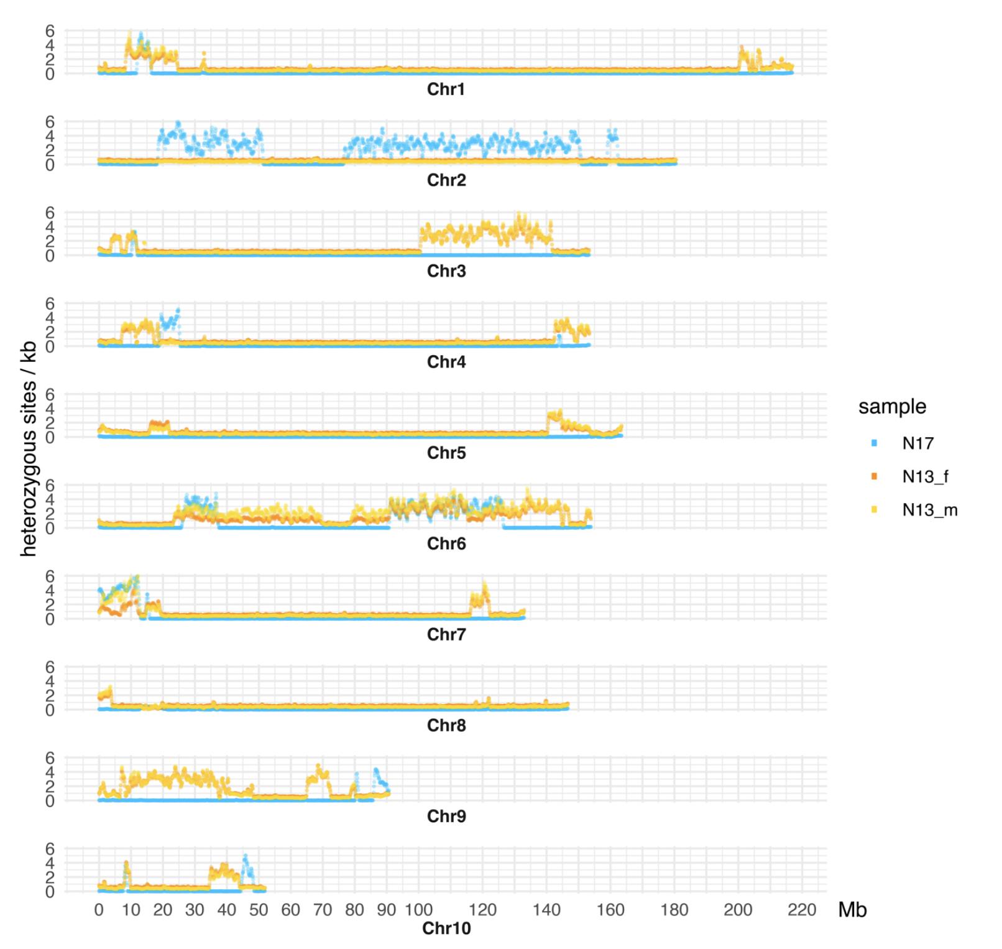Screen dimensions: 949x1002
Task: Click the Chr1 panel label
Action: pos(446,90)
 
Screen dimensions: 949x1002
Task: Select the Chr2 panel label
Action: pos(446,180)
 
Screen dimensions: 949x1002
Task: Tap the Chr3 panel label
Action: pos(446,271)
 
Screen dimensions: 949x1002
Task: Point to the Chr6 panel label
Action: pos(446,544)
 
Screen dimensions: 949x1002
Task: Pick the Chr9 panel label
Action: pos(446,816)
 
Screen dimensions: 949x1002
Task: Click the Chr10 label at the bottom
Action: pos(446,928)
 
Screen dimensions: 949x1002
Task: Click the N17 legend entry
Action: pos(917,443)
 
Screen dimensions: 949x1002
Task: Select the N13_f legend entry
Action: pos(925,477)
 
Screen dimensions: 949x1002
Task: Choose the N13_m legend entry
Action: pos(929,511)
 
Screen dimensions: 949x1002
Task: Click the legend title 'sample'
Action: pos(892,407)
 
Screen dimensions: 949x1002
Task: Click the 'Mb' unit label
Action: pos(852,910)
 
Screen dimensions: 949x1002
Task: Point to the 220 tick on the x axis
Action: pos(802,910)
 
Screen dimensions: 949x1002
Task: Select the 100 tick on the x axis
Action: pos(418,910)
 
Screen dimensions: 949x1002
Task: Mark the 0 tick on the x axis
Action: pos(99,910)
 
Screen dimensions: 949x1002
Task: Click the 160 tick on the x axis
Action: pos(610,910)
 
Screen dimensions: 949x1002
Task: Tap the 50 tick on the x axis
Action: pos(259,910)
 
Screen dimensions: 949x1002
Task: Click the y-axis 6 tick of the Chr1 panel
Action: pos(50,30)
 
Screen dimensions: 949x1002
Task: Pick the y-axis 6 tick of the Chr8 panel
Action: pos(50,667)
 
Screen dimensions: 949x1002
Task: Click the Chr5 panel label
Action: pos(446,453)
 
